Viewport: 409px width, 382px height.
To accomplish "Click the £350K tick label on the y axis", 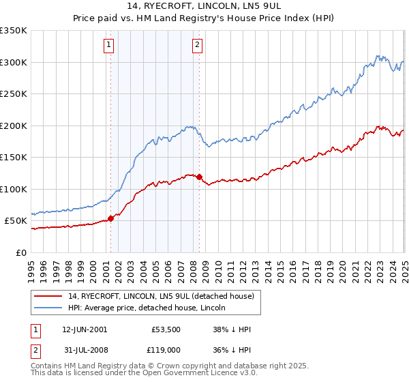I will tap(14, 31).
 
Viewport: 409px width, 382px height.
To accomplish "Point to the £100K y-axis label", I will tap(14, 189).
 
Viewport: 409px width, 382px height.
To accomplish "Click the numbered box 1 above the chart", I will tap(109, 46).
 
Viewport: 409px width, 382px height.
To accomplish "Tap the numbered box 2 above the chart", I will tap(197, 46).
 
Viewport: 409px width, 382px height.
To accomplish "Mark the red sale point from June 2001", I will tap(110, 219).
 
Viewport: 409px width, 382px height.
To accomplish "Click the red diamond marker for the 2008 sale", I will tap(199, 177).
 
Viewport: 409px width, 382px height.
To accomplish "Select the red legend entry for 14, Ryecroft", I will tap(160, 295).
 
